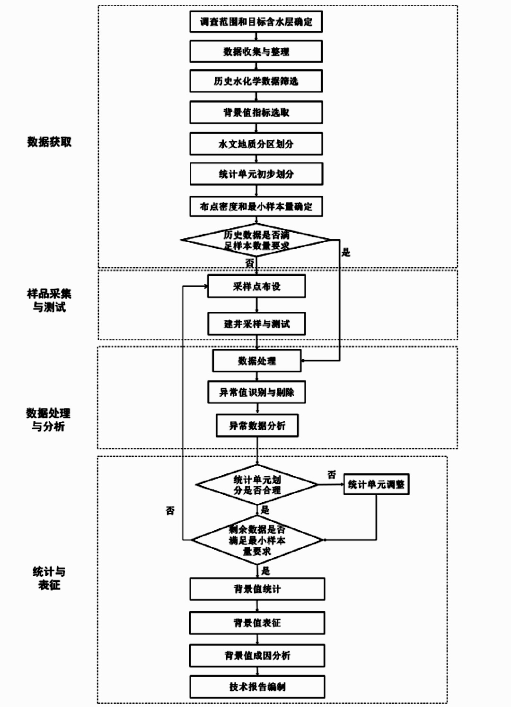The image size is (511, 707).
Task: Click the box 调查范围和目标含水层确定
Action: [x=256, y=22]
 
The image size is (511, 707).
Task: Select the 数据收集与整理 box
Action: [x=256, y=52]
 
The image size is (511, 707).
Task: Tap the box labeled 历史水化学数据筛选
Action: [x=256, y=81]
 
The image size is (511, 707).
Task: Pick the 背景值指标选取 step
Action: [x=256, y=113]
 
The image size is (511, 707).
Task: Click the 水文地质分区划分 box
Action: [x=256, y=144]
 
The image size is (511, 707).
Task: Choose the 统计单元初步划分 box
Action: [x=256, y=174]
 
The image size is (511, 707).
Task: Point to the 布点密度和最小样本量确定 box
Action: [x=256, y=207]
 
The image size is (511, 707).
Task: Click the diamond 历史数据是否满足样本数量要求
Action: [x=256, y=240]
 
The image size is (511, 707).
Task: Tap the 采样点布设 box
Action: [x=256, y=287]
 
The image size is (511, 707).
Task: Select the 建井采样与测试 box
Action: [x=256, y=324]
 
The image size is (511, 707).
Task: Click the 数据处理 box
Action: [x=256, y=361]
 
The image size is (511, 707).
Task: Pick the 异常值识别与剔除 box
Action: [x=256, y=392]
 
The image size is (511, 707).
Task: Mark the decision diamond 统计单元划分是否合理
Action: [x=257, y=485]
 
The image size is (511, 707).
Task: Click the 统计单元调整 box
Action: [x=376, y=484]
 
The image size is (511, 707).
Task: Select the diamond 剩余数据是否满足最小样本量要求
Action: [x=257, y=540]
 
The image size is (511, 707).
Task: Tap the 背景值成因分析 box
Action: [x=257, y=656]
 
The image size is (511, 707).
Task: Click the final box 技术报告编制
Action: [x=257, y=687]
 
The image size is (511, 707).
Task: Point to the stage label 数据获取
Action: [x=49, y=142]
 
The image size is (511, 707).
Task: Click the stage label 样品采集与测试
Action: [x=49, y=300]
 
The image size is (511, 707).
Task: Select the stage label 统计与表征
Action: [x=49, y=578]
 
